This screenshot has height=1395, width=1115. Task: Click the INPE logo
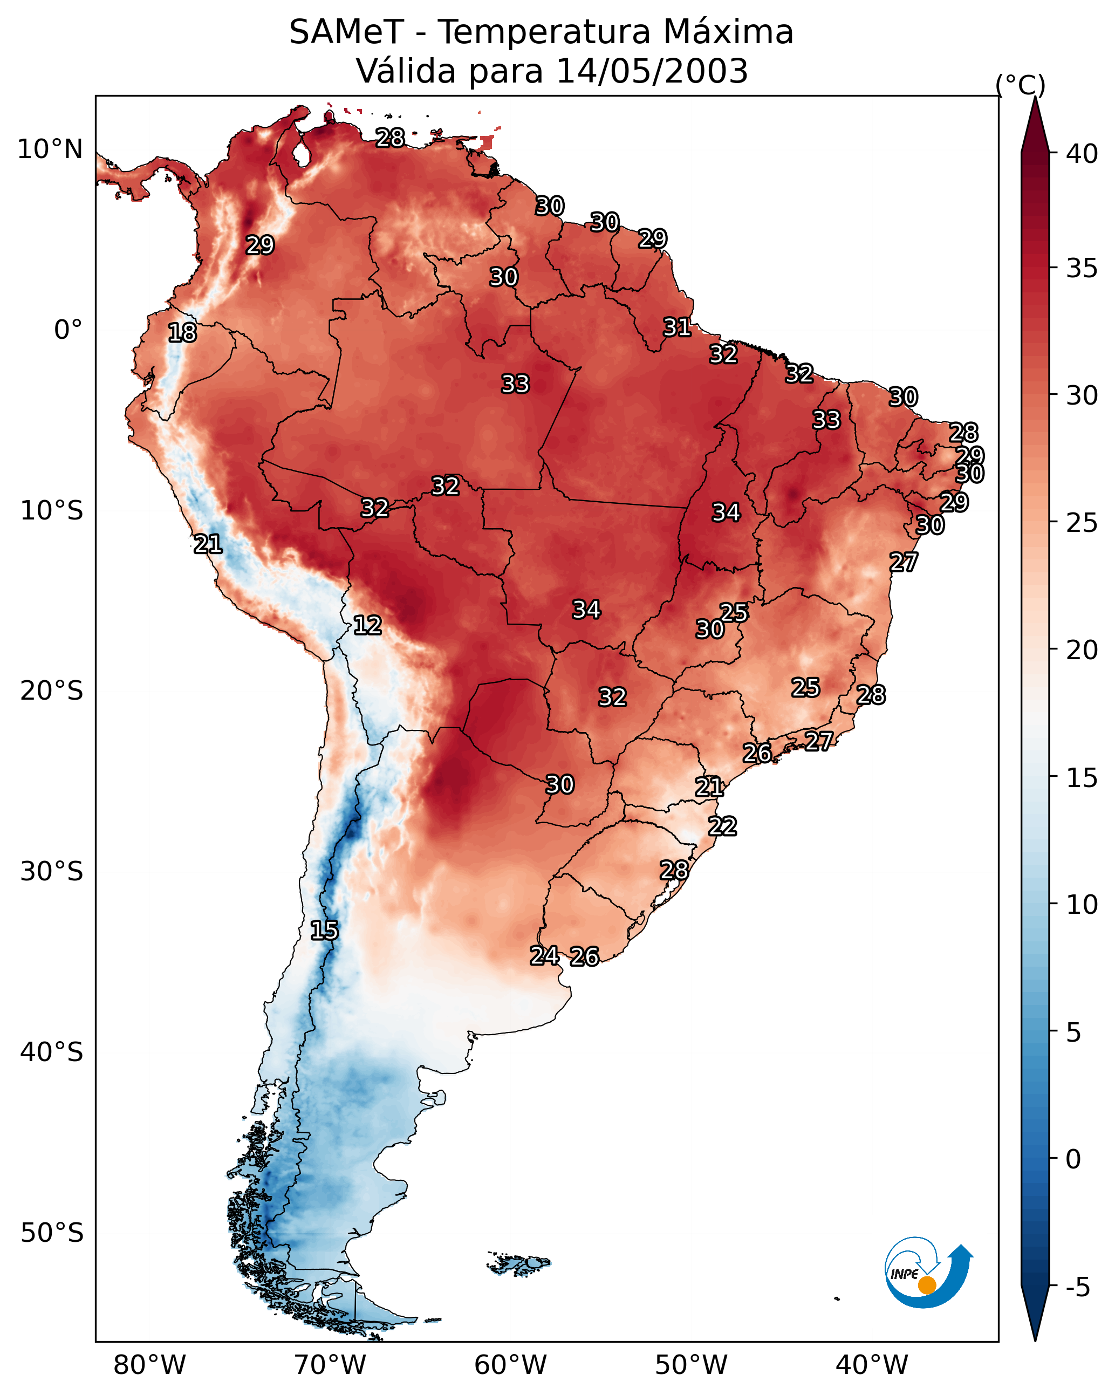929,1272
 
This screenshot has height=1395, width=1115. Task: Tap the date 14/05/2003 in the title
652,71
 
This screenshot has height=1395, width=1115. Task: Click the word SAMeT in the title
346,32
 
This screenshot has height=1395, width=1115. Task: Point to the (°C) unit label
1021,85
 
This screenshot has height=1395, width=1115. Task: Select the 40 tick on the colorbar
1082,154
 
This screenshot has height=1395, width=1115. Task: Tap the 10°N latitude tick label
50,149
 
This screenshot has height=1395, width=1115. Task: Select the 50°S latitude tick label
52,1233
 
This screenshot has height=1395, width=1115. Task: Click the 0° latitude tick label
69,330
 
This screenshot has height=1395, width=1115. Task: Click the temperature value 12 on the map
367,625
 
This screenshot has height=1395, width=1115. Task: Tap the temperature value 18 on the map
182,333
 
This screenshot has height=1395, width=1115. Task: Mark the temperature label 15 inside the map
324,931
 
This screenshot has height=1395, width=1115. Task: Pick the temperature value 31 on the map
678,327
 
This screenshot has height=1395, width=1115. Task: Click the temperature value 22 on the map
722,826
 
